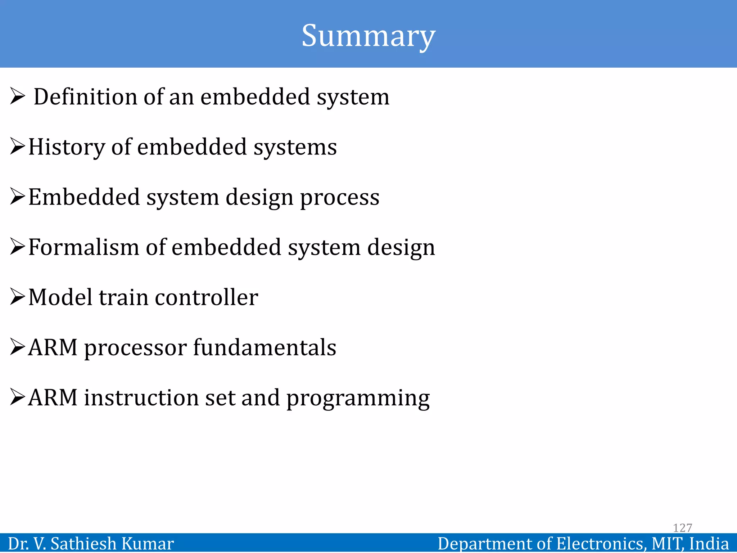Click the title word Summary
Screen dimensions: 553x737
(x=368, y=36)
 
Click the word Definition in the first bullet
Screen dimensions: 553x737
(x=85, y=97)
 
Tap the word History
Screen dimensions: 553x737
(x=66, y=147)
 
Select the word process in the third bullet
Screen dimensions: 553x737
(x=340, y=198)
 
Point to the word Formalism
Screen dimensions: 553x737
(x=83, y=248)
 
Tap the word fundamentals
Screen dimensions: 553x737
(x=264, y=348)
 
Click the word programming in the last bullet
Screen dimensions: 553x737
(x=358, y=398)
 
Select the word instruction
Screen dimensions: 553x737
(x=141, y=398)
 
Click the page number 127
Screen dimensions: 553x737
(x=682, y=528)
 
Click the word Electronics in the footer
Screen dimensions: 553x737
(x=599, y=543)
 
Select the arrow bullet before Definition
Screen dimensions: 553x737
(x=17, y=96)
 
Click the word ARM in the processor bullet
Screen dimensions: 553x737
(x=53, y=348)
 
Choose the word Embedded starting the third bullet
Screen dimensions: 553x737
(x=83, y=198)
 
